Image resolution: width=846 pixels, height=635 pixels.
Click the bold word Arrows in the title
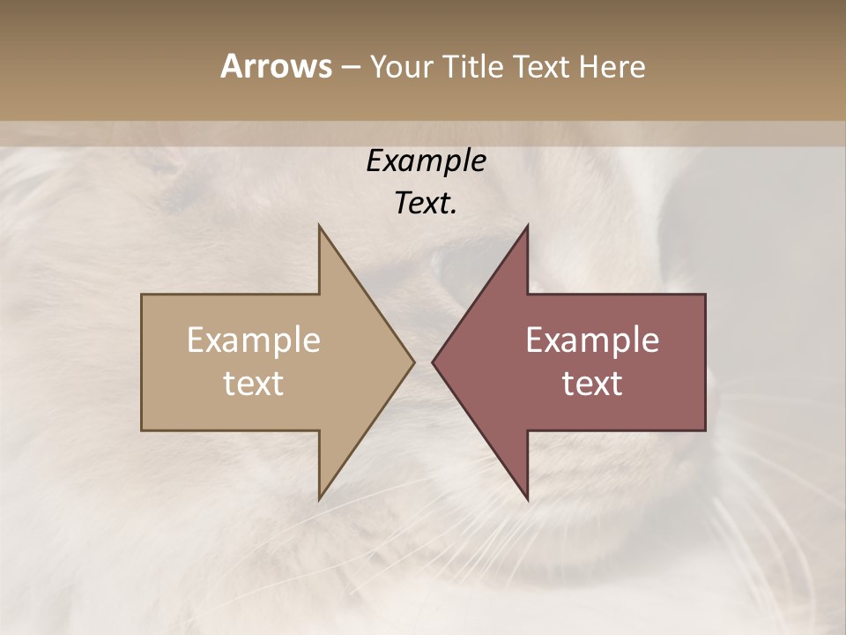[x=276, y=66]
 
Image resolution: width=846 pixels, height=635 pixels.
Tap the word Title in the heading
[x=472, y=67]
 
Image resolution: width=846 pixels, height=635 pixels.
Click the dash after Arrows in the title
[x=350, y=68]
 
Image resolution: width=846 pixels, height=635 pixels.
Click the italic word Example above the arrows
[x=427, y=161]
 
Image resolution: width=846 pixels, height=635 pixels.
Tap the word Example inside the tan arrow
[x=254, y=340]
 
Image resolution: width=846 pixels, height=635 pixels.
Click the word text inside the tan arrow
[x=254, y=384]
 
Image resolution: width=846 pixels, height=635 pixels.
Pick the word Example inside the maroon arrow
[x=592, y=340]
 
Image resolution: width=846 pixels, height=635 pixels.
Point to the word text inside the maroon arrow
[x=592, y=384]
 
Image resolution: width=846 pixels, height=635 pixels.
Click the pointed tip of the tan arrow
[x=412, y=362]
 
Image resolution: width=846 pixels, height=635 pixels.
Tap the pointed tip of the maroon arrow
[x=434, y=362]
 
